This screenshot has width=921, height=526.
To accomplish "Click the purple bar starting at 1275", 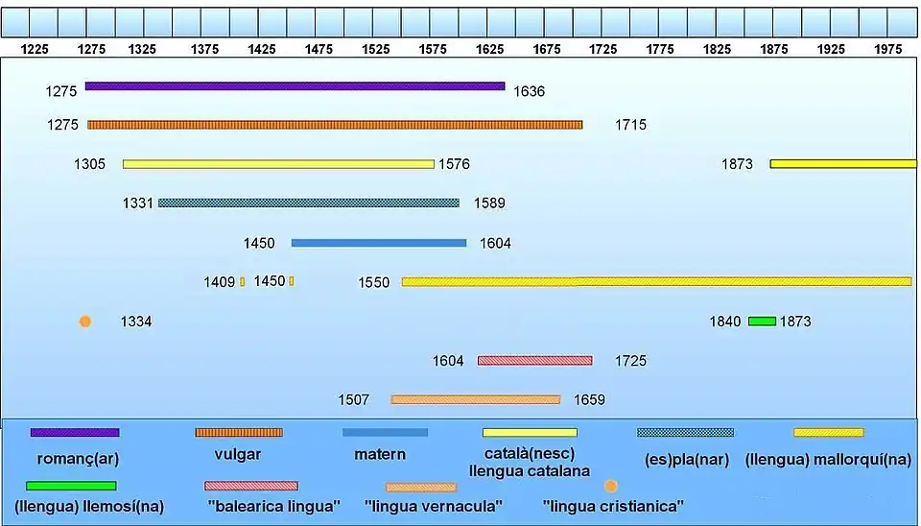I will [295, 86].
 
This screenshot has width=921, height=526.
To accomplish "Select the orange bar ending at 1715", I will [335, 125].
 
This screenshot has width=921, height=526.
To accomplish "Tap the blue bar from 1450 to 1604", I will [379, 243].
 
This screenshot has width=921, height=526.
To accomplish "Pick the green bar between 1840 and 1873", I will [762, 321].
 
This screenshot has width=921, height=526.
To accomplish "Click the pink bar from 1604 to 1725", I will [534, 361].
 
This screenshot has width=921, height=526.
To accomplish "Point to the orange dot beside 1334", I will [85, 322].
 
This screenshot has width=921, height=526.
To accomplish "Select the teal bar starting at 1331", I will [309, 203].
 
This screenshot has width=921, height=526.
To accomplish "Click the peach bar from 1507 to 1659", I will [475, 399].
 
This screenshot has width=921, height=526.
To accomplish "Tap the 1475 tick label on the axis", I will [319, 48].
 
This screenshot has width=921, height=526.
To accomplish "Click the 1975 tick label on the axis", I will [888, 48].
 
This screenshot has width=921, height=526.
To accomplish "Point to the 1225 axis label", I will [35, 48].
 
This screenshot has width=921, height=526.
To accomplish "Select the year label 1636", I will [529, 92].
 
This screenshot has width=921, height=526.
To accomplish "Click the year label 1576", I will [454, 164].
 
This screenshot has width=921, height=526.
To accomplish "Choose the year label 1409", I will [219, 282].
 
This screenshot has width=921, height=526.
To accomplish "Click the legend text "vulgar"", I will [239, 455].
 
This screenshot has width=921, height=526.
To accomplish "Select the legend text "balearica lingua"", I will [273, 506].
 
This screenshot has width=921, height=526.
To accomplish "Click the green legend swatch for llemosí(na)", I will [71, 486].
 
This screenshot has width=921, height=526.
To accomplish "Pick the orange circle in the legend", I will [611, 487].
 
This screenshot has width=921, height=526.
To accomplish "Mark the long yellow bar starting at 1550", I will [656, 281].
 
